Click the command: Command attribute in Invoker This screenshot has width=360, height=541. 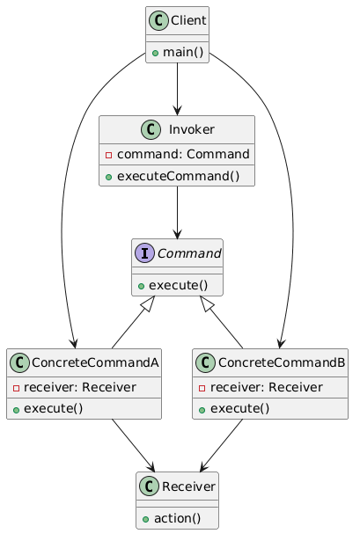pos(183,154)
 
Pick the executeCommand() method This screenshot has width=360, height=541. pos(183,173)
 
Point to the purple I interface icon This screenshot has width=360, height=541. pos(146,254)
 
